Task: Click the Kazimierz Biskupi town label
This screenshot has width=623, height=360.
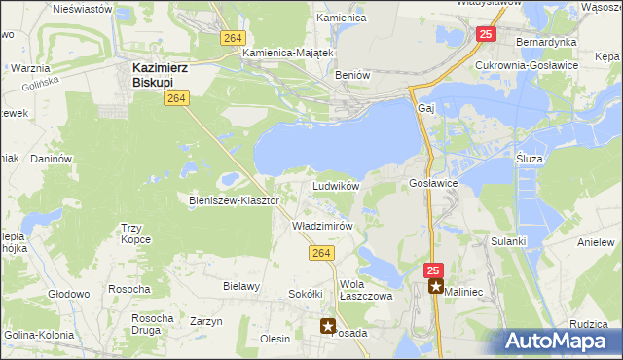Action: click(x=162, y=74)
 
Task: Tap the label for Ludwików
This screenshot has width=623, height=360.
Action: click(x=336, y=185)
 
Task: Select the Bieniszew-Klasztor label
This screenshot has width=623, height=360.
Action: click(x=234, y=200)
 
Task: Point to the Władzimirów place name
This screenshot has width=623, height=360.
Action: click(x=321, y=225)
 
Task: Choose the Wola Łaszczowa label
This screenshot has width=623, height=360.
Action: click(x=365, y=291)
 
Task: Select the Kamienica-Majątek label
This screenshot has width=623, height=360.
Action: click(x=289, y=53)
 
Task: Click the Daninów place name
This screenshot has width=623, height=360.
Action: click(x=52, y=158)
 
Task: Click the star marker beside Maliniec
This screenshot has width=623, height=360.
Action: click(x=436, y=287)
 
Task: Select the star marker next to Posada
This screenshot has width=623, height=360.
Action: click(x=329, y=327)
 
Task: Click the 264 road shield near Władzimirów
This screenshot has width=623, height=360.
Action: click(x=323, y=254)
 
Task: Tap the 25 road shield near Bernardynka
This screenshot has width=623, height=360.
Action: click(x=486, y=35)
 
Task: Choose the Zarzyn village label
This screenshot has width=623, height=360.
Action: click(x=206, y=321)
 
